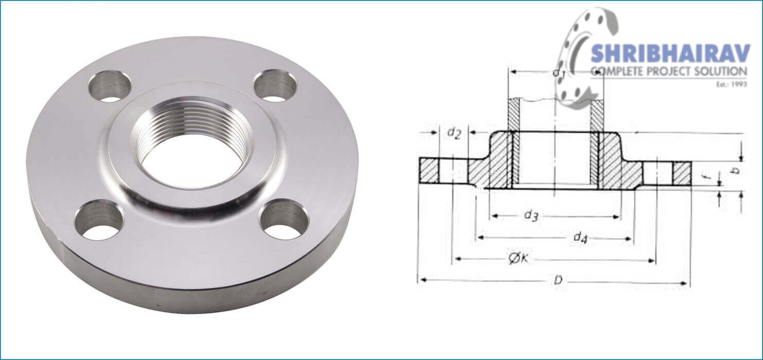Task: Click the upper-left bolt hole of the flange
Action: tap(110, 85)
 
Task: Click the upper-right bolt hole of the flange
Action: tap(275, 85)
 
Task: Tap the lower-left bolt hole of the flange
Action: tap(99, 220)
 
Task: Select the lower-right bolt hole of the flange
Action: tap(283, 220)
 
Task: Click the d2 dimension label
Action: tap(453, 133)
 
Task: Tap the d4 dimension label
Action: tap(580, 237)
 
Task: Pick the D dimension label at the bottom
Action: tap(557, 280)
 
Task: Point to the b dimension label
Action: tap(736, 170)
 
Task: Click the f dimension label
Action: tap(708, 178)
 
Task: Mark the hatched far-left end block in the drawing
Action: tap(428, 170)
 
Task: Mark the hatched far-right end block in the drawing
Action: tap(682, 174)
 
